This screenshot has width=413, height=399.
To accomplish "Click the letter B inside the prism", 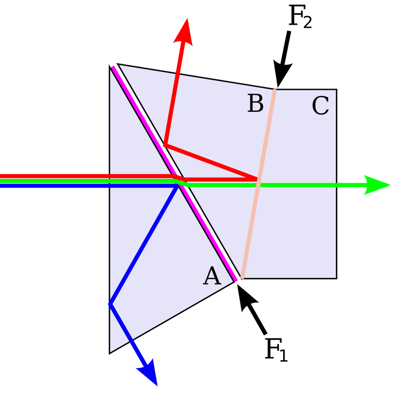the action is point(256,103).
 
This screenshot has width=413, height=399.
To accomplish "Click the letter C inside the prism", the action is point(320,106).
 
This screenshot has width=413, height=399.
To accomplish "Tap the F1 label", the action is point(276,349).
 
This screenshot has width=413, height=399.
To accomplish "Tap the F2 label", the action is point(300,17).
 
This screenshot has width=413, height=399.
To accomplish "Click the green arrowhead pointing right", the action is point(377,185).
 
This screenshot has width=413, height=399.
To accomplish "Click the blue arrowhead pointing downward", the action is point(148,373).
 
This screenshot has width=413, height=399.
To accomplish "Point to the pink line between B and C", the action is point(258,184).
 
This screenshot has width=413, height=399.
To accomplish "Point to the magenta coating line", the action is point(174,174).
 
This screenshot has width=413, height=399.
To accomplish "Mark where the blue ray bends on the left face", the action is point(110,304).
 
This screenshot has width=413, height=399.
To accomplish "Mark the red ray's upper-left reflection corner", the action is point(165,145).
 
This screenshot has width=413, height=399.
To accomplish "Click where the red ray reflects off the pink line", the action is point(257,179).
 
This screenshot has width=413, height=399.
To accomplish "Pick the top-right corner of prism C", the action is point(337,89).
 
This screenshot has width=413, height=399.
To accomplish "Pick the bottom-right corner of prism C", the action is point(337,278).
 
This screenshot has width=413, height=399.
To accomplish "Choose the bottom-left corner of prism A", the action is point(110,353).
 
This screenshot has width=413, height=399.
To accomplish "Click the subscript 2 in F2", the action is point(307,22).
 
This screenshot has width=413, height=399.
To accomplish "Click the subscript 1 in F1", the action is point(284,355).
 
